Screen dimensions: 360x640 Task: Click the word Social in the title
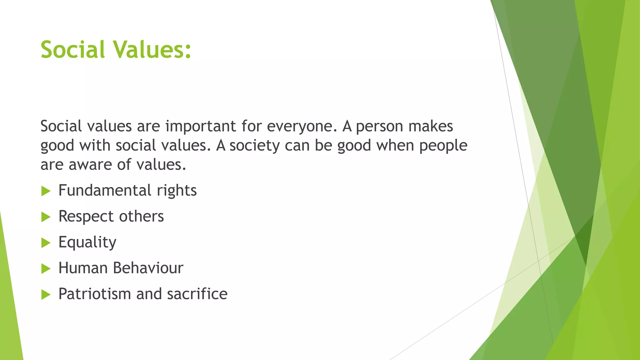[x=72, y=50]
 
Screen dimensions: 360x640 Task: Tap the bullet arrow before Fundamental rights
[x=46, y=191]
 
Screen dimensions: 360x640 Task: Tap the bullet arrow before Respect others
[x=46, y=217]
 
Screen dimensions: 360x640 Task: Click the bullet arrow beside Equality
[x=46, y=243]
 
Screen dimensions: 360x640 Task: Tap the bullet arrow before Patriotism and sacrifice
[x=46, y=294]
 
